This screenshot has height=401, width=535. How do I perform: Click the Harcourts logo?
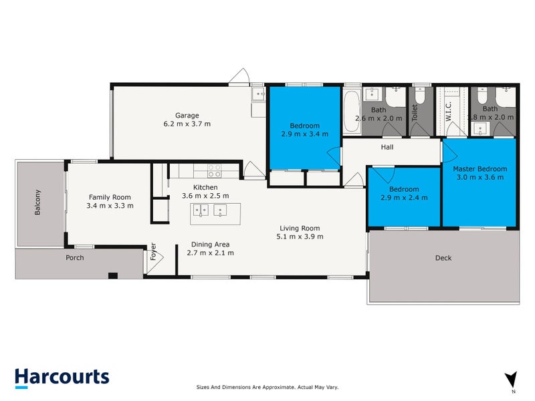tap(62, 376)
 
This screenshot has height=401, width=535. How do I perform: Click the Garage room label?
tap(187, 115)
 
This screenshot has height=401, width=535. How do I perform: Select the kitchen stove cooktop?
tap(214, 171)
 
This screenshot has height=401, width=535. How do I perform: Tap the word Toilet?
tap(415, 112)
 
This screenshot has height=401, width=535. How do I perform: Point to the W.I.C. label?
tap(449, 112)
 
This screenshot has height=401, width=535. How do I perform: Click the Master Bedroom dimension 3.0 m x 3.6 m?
tap(479, 177)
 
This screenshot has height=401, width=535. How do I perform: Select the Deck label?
tap(443, 258)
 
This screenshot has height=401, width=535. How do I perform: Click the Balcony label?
tap(37, 203)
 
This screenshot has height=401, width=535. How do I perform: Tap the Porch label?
tap(74, 257)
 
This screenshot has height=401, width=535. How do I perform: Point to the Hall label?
tap(387, 147)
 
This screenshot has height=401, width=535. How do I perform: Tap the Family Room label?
tap(110, 197)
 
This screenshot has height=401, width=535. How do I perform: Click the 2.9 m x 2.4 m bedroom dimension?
tap(404, 198)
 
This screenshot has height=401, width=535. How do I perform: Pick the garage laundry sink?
tap(258, 95)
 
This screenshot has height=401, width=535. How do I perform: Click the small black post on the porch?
tap(113, 275)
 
